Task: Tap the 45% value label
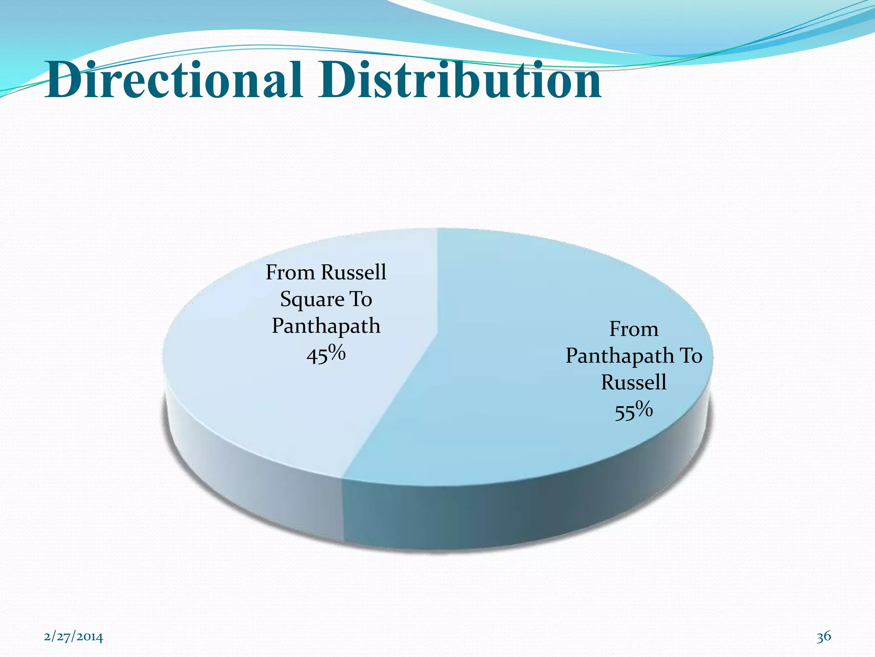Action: click(x=326, y=355)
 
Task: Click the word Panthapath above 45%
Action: click(x=326, y=326)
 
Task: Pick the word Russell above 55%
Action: click(x=634, y=382)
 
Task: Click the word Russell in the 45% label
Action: click(x=354, y=272)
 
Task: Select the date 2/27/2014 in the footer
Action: click(x=73, y=637)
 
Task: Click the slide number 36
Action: click(x=824, y=636)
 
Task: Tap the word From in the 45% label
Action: click(x=290, y=272)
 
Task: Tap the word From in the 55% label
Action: click(x=634, y=329)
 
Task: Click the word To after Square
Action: click(x=361, y=299)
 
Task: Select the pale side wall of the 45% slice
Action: click(x=256, y=483)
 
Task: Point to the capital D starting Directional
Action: click(x=64, y=80)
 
